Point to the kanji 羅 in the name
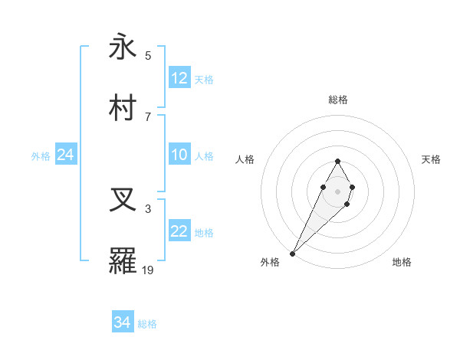(123, 260)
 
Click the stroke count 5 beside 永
(148, 56)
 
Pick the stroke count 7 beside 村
(148, 116)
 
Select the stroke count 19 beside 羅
(148, 270)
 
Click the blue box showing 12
(179, 78)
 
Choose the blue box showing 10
(179, 155)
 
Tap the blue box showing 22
(179, 231)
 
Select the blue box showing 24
(66, 155)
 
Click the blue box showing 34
(123, 322)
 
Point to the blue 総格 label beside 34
(148, 324)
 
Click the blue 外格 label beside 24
(41, 156)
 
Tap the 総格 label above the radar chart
(337, 100)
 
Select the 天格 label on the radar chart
(431, 159)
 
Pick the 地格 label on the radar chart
(402, 262)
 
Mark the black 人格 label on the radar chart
(245, 159)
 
